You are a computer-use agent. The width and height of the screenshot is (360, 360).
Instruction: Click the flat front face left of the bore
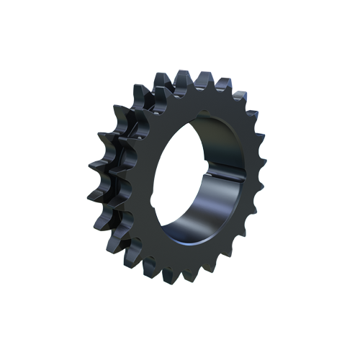pyautogui.click(x=144, y=180)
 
